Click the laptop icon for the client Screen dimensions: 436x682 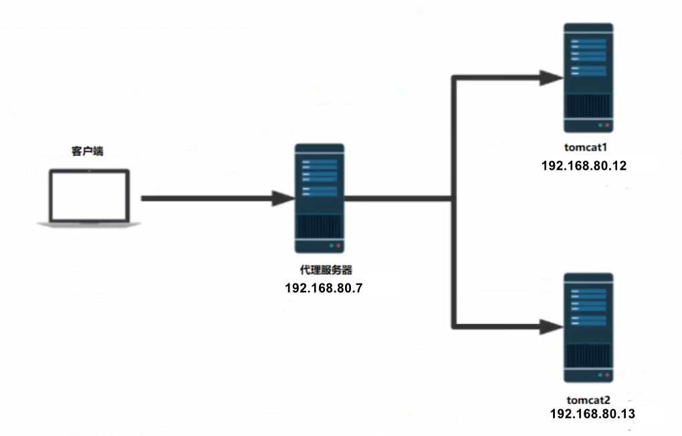click(x=89, y=199)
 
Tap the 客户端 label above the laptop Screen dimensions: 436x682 click(x=87, y=152)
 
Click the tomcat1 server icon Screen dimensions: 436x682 click(x=588, y=78)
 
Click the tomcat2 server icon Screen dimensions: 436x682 click(x=588, y=327)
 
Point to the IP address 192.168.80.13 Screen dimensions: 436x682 click(x=592, y=414)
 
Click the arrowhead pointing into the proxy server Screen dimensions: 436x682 click(x=283, y=199)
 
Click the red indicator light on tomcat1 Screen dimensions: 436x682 click(x=608, y=125)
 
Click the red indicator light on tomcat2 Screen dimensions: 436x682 click(x=608, y=374)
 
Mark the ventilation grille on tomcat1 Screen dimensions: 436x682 click(x=588, y=105)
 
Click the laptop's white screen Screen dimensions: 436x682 click(x=89, y=195)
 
